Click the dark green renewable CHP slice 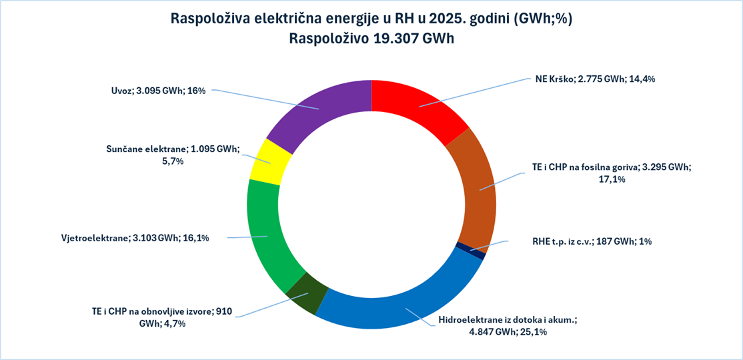307,293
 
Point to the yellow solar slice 270,160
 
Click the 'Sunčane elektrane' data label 172,155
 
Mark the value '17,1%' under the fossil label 612,179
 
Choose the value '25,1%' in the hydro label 532,332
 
